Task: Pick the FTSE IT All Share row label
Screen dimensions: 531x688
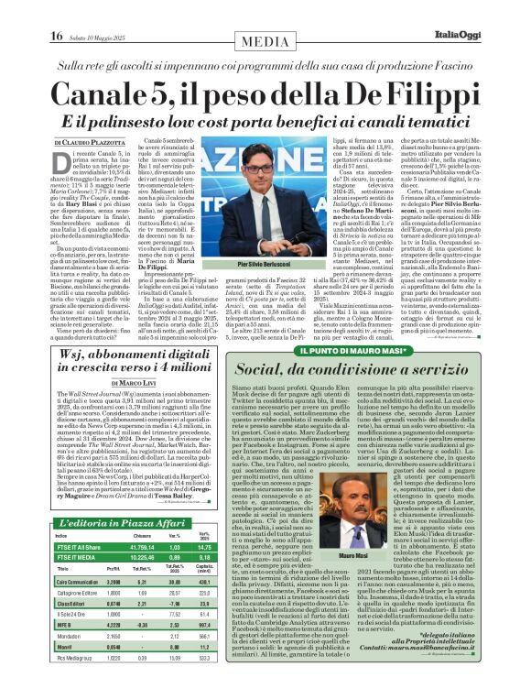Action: pyautogui.click(x=81, y=546)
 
